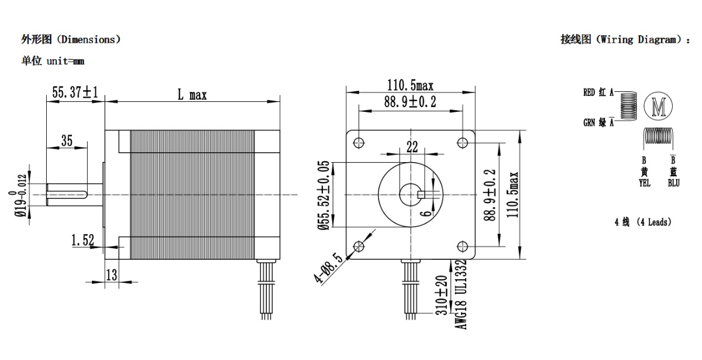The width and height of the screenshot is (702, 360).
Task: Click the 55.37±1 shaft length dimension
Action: point(75,92)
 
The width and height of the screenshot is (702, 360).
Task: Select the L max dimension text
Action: point(192,94)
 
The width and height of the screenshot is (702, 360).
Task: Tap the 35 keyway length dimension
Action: point(67,140)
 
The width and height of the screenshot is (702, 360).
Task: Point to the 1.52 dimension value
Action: point(82,240)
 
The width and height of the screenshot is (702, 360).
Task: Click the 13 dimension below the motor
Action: point(111,275)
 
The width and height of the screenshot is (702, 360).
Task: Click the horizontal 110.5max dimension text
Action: point(410,85)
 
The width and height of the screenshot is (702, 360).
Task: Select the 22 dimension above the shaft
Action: point(412,147)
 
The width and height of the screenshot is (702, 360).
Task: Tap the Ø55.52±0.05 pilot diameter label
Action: point(324,195)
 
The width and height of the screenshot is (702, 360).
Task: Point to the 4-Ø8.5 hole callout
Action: point(328,269)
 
